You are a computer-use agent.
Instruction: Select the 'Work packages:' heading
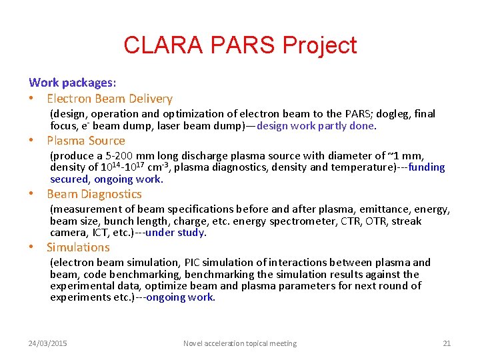[x=72, y=83]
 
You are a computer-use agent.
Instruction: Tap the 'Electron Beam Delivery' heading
[x=109, y=99]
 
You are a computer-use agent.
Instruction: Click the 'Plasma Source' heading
[x=86, y=141]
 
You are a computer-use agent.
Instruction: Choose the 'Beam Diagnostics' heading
[x=94, y=194]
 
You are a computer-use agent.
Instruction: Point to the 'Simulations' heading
[x=78, y=247]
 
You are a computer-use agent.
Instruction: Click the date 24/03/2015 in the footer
[x=47, y=343]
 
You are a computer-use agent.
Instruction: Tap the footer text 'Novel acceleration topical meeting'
[x=240, y=343]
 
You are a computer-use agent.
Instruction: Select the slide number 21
[x=447, y=343]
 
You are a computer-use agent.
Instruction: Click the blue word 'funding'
[x=427, y=167]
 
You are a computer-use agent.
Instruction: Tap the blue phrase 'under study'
[x=175, y=233]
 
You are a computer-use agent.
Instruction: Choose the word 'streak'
[x=404, y=221]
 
